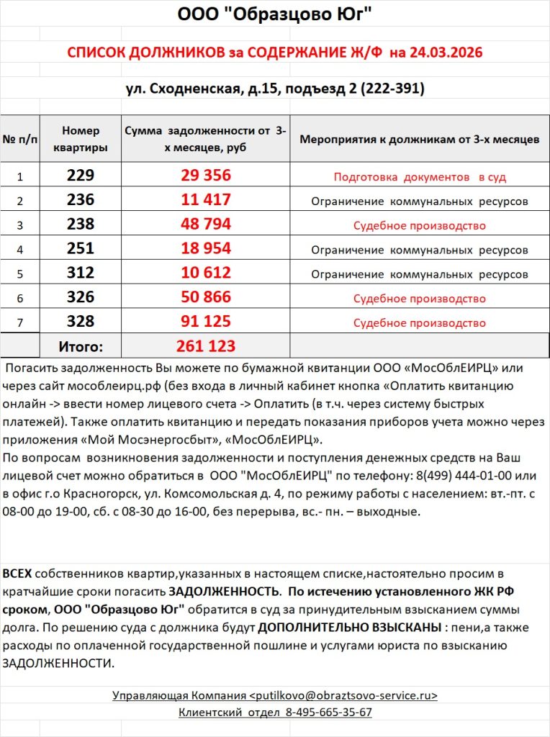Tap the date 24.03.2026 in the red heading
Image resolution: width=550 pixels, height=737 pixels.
446,53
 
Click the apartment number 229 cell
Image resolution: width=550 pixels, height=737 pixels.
80,176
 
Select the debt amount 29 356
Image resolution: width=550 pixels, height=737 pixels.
206,176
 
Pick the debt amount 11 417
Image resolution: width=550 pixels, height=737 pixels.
206,200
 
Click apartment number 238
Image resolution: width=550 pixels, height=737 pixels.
80,225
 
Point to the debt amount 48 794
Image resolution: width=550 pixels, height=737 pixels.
206,225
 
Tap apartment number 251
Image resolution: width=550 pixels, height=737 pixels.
80,249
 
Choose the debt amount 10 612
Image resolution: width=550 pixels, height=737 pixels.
206,273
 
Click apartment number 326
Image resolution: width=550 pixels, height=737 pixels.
80,298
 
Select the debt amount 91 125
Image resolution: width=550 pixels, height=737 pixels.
206,322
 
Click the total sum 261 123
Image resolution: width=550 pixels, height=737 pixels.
206,346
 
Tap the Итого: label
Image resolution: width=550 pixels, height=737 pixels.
81,347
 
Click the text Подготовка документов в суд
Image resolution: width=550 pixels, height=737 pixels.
420,176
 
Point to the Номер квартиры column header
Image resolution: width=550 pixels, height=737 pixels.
80,139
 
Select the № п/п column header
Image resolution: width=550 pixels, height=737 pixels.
20,139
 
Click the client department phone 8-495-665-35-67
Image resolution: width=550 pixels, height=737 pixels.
328,713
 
